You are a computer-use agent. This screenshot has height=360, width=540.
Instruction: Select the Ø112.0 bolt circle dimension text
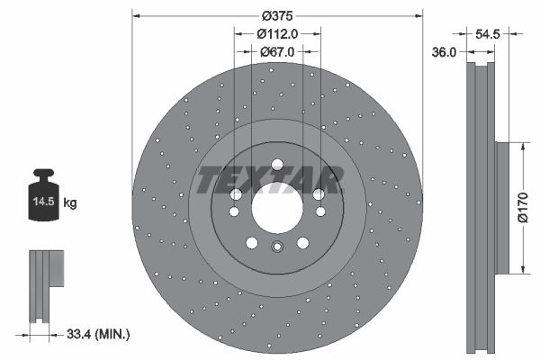(276, 34)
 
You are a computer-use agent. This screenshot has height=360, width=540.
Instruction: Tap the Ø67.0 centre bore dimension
(276, 52)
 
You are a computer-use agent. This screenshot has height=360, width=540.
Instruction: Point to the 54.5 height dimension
(488, 32)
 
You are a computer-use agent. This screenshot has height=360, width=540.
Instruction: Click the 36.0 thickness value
(443, 53)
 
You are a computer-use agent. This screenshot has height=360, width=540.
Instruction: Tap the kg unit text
(70, 204)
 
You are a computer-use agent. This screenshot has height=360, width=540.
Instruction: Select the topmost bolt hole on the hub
(276, 164)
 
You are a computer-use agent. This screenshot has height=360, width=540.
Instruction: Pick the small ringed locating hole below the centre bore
(276, 248)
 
